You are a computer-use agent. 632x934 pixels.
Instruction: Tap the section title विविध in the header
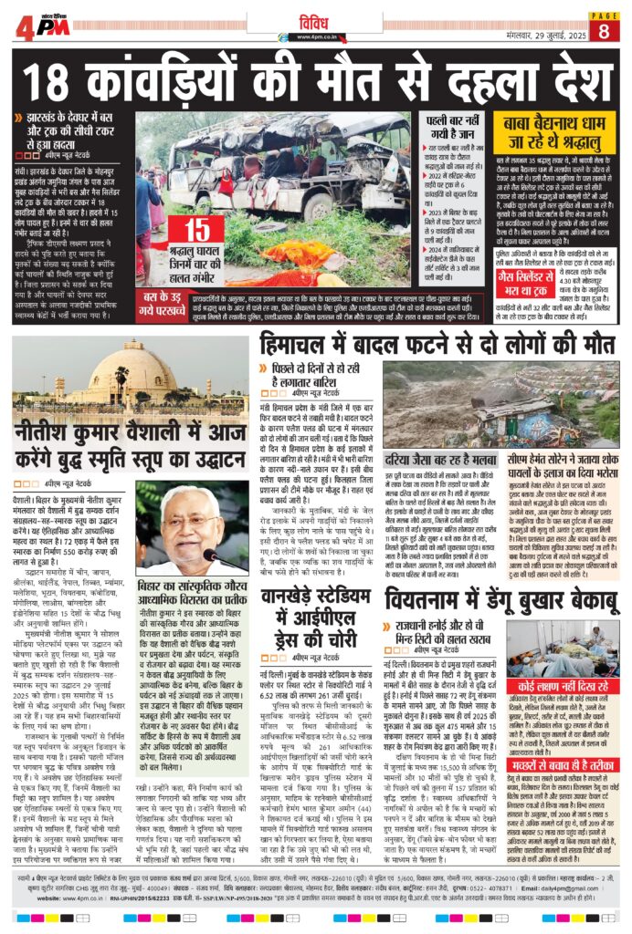[x=316, y=21]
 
